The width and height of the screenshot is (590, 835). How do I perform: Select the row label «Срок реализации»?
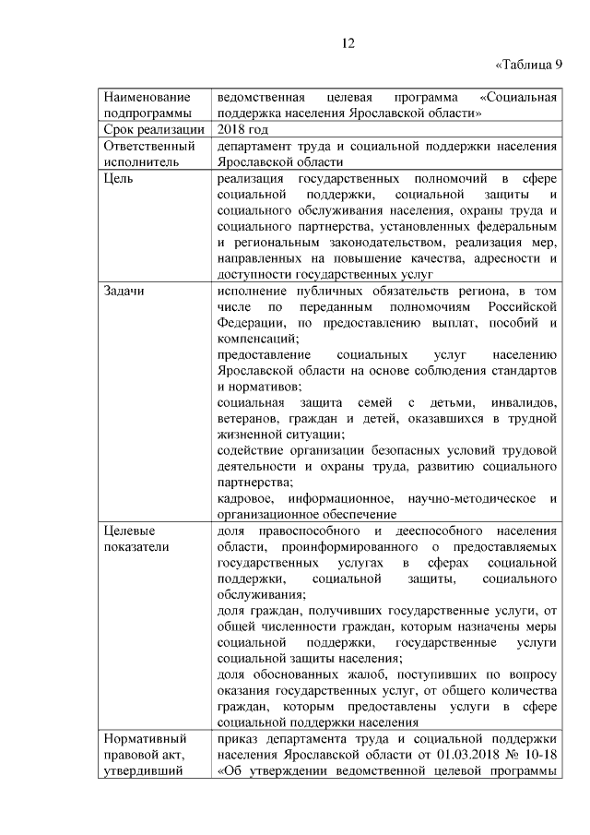[x=153, y=129]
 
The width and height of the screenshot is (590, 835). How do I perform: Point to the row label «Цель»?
[x=119, y=177]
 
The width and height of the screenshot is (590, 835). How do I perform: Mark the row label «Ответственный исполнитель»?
[x=149, y=153]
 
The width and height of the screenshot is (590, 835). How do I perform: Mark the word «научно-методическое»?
[x=470, y=499]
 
